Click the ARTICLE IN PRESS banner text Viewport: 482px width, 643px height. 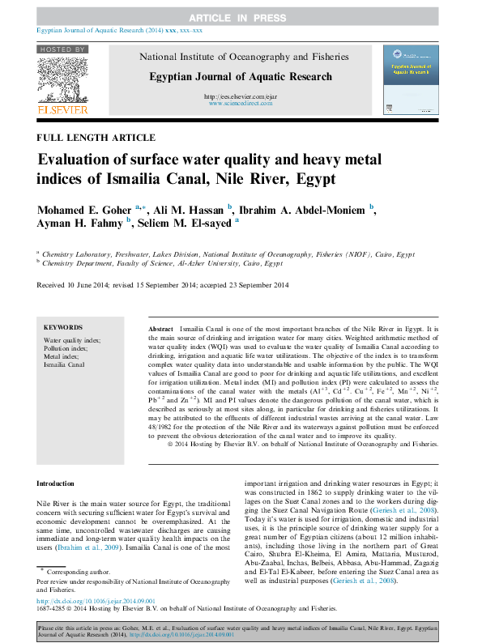coord(241,17)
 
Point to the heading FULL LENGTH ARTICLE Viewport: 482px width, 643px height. coord(96,138)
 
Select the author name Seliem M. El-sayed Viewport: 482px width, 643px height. coord(185,224)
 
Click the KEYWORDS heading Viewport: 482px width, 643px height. coord(63,327)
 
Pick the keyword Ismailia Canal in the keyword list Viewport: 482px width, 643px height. coord(64,365)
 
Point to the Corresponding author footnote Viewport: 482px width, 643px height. coord(80,572)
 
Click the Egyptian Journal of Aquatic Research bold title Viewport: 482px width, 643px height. coord(240,77)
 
